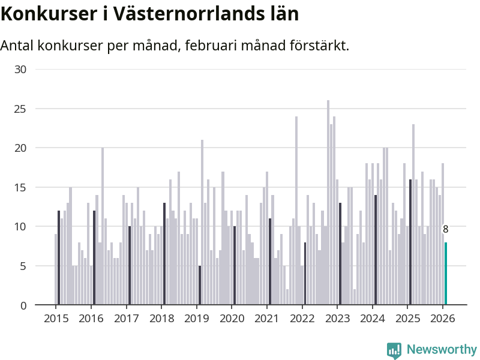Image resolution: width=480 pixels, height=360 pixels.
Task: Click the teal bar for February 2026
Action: click(446, 274)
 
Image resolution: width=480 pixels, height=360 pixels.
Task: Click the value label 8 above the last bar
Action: click(446, 229)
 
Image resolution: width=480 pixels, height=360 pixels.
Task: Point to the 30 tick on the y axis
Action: click(20, 69)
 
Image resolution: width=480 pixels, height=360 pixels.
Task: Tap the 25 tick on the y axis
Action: click(20, 109)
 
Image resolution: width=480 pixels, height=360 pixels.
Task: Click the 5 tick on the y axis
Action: click(23, 266)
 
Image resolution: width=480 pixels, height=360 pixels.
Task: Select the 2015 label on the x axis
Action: click(56, 318)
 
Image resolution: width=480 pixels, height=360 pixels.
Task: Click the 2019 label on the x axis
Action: click(197, 318)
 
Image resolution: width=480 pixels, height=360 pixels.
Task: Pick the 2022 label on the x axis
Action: click(302, 318)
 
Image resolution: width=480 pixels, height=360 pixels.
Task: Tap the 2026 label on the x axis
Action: click(443, 318)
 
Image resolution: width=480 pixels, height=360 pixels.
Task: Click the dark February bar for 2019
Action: click(200, 285)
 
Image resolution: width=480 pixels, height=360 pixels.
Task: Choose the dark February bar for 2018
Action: click(164, 254)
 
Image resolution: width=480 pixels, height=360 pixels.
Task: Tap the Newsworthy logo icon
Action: click(394, 350)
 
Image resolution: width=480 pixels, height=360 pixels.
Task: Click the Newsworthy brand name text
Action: click(442, 350)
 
